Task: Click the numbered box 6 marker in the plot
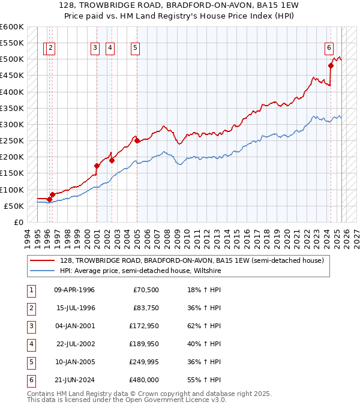pos(329,49)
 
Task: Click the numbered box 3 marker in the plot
pos(95,49)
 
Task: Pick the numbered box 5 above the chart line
pos(135,49)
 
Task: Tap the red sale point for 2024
pos(331,65)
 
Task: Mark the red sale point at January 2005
pos(137,141)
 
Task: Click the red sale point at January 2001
pos(97,166)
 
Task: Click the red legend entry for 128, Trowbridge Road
pos(191,260)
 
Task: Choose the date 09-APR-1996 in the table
pos(74,290)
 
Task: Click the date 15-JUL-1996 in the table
pos(74,308)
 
